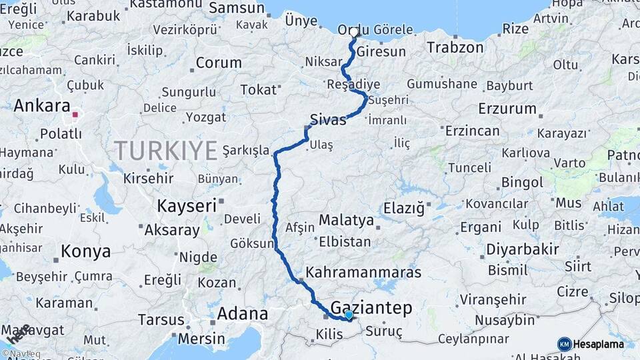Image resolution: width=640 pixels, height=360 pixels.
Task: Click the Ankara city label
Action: pyautogui.click(x=41, y=105)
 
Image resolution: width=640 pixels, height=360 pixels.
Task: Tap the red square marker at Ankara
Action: pyautogui.click(x=75, y=115)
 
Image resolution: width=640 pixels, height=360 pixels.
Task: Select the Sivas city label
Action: pyautogui.click(x=328, y=120)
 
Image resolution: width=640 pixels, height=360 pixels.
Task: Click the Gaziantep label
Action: pyautogui.click(x=371, y=307)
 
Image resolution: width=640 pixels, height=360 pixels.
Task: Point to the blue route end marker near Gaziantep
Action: pyautogui.click(x=349, y=314)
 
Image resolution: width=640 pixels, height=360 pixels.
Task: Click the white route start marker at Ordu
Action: pyautogui.click(x=354, y=32)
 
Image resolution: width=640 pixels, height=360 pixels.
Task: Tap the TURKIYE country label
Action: pyautogui.click(x=165, y=150)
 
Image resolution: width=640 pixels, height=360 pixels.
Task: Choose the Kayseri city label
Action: pyautogui.click(x=187, y=205)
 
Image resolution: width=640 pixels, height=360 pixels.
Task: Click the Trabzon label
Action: pyautogui.click(x=455, y=47)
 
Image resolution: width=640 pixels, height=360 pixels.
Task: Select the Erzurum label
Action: pyautogui.click(x=507, y=108)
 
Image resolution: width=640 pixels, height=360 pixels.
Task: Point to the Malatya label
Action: pyautogui.click(x=347, y=220)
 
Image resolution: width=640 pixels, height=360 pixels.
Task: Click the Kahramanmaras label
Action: pyautogui.click(x=363, y=272)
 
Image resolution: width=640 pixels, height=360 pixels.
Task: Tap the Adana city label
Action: pyautogui.click(x=243, y=313)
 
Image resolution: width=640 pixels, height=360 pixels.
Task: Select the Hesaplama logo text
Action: pyautogui.click(x=599, y=344)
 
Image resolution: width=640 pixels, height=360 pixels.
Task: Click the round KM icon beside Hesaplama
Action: pyautogui.click(x=564, y=344)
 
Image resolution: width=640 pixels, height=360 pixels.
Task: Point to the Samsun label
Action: pyautogui.click(x=237, y=8)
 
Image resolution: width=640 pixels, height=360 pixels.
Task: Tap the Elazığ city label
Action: pyautogui.click(x=404, y=209)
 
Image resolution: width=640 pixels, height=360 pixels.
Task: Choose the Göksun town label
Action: pyautogui.click(x=252, y=243)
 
